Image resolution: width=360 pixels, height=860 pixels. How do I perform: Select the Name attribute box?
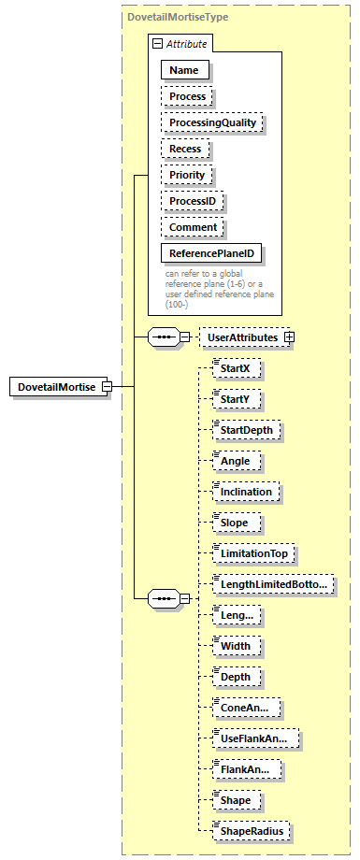coord(184,70)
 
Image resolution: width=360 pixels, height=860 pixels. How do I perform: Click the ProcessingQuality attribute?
coord(211,122)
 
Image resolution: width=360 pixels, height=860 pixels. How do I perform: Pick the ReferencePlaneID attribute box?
coord(211,253)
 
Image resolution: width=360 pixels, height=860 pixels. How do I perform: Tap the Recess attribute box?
coord(185,149)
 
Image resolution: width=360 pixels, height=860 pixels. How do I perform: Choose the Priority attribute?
coord(187,175)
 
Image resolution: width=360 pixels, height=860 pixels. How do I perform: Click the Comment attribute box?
coord(193,227)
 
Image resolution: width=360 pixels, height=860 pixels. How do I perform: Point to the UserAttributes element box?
coord(241,337)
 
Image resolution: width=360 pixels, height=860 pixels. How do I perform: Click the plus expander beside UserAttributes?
coord(289,337)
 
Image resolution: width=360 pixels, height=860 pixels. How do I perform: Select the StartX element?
coord(236,369)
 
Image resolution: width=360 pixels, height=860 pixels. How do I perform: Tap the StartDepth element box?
coord(247,431)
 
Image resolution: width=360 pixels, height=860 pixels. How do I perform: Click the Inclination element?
coord(246,492)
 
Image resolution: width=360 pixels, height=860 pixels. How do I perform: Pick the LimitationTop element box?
coord(253,553)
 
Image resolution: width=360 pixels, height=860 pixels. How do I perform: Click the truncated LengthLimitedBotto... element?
coord(273,584)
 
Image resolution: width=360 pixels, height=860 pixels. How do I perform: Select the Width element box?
coord(236,646)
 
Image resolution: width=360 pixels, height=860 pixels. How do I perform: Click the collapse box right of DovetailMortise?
coord(108,387)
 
